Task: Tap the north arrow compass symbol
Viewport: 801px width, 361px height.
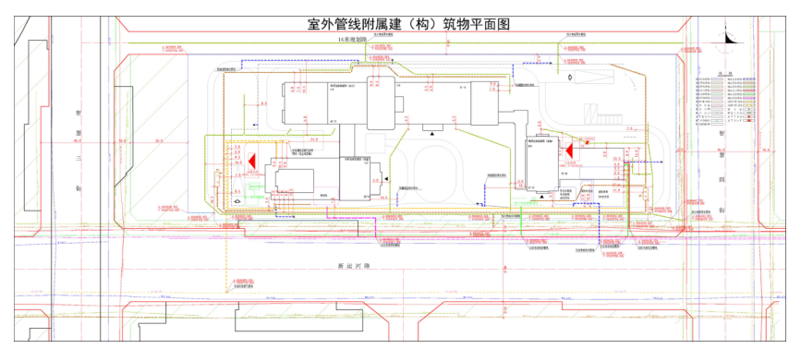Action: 725,40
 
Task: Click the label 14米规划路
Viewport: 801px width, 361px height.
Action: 353,41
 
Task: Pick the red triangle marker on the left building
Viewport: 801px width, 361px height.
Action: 249,160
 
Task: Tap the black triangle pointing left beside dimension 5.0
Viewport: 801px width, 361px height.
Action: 388,176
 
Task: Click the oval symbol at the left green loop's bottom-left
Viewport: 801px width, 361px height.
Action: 238,199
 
